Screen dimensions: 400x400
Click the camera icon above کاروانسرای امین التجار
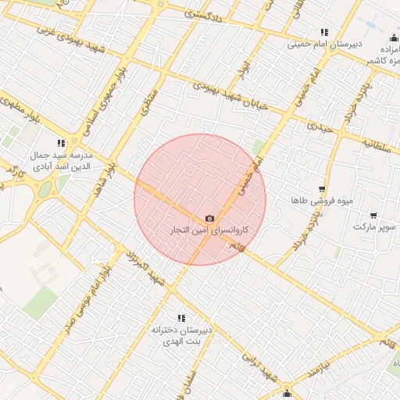pyautogui.click(x=209, y=219)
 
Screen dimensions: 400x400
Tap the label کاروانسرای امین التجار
pyautogui.click(x=209, y=230)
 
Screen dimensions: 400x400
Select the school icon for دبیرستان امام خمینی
pyautogui.click(x=324, y=33)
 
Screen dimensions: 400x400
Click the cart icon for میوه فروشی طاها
pyautogui.click(x=322, y=190)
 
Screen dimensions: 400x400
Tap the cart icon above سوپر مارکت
pyautogui.click(x=373, y=215)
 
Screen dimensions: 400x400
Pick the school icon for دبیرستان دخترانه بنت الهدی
pyautogui.click(x=182, y=318)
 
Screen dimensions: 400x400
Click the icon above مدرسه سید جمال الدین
pyautogui.click(x=61, y=143)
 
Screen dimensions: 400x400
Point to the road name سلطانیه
pyautogui.click(x=376, y=143)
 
